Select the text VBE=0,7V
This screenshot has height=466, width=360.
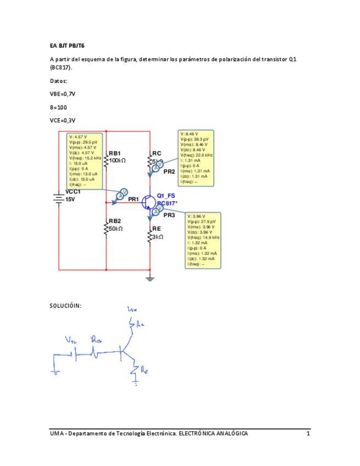(62, 94)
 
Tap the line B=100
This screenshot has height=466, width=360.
(58, 107)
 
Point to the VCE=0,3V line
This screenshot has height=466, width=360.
(63, 120)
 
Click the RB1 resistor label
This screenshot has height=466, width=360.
(115, 153)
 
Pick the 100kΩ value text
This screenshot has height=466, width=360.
(118, 160)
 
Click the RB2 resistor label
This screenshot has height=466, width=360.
(115, 221)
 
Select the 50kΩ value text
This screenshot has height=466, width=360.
(116, 229)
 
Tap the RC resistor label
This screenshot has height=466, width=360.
(157, 153)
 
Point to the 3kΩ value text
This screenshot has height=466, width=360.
(158, 236)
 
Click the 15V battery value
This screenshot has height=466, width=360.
(70, 199)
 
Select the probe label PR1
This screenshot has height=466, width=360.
(134, 199)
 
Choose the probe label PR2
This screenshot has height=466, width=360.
(169, 171)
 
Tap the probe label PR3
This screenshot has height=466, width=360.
(169, 215)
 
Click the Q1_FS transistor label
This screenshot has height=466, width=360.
(166, 196)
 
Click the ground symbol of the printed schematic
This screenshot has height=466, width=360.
(149, 278)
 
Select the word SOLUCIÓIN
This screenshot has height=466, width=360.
(65, 306)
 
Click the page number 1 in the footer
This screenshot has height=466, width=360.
(308, 434)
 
